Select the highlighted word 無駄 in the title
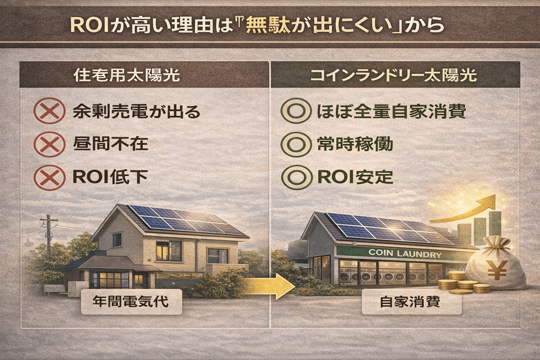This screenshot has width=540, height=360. (x=263, y=25)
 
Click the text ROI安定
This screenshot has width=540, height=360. (x=355, y=176)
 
